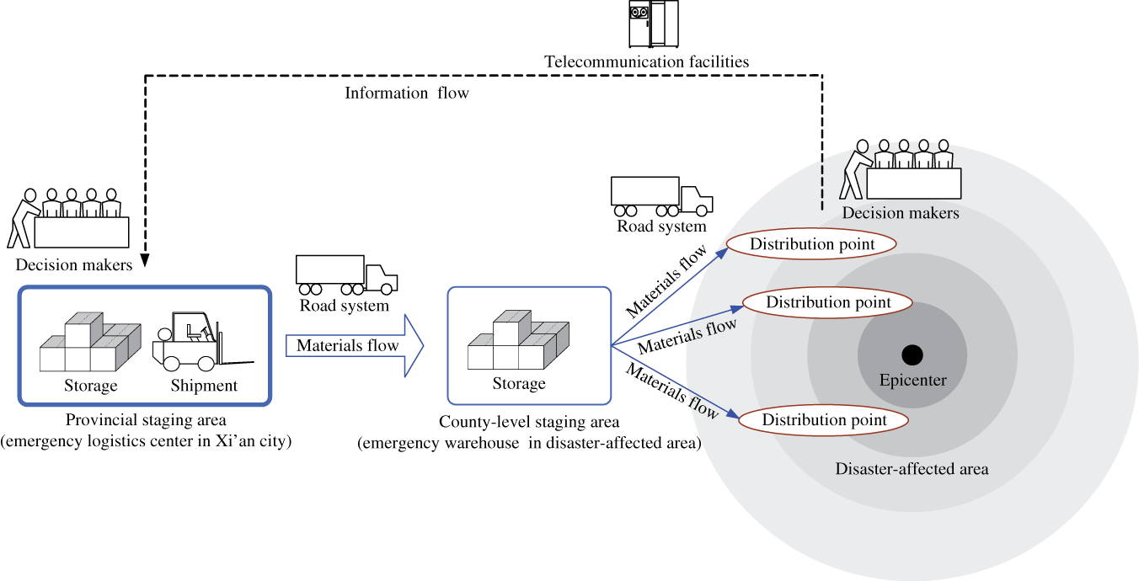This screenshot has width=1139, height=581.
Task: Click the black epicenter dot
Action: (x=912, y=354)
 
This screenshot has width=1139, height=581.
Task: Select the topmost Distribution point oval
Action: (x=811, y=244)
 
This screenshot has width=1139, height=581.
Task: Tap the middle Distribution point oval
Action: (x=828, y=301)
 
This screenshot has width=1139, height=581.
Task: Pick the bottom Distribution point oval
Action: (x=824, y=419)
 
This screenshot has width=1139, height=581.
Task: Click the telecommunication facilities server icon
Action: (x=653, y=24)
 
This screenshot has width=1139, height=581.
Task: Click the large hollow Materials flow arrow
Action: (x=354, y=346)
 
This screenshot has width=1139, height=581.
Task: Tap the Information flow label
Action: (x=406, y=93)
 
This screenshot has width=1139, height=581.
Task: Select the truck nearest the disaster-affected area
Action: (x=661, y=196)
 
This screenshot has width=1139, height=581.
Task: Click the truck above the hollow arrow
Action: (x=345, y=275)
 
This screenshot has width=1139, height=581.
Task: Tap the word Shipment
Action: (x=204, y=386)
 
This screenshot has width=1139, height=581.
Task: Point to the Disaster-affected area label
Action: (x=912, y=469)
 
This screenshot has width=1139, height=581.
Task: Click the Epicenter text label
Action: (x=912, y=381)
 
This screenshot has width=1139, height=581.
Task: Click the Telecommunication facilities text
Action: (x=646, y=61)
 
